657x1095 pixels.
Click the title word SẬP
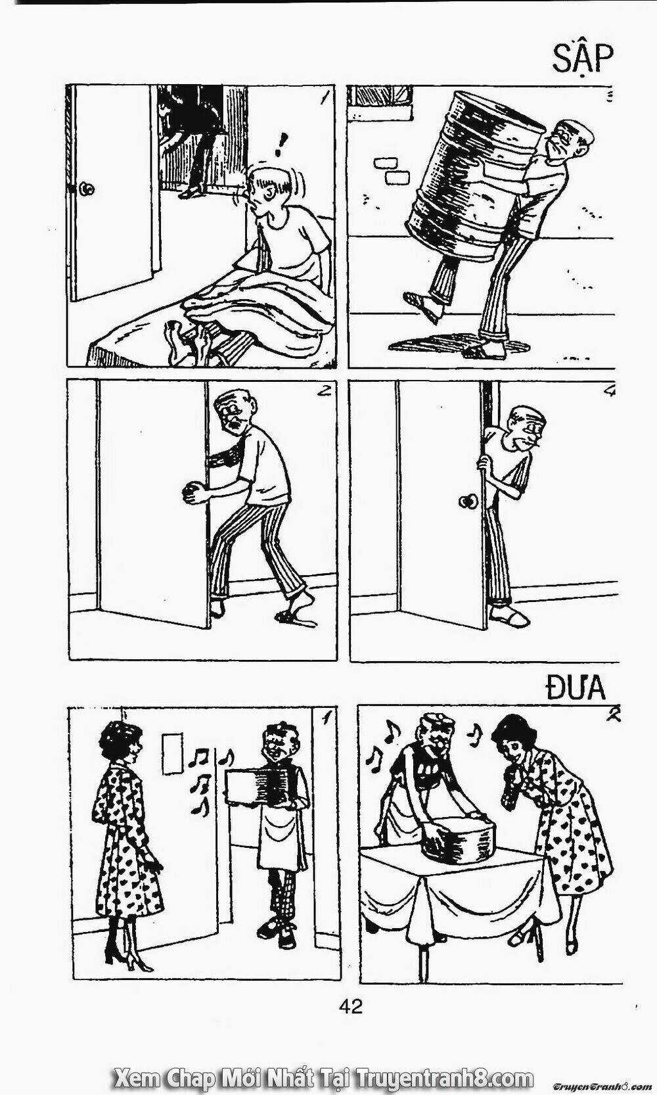582,61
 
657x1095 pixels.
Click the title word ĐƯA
576,688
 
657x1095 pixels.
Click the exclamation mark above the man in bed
280,145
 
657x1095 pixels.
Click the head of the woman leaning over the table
511,745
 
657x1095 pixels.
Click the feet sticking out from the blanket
186,340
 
